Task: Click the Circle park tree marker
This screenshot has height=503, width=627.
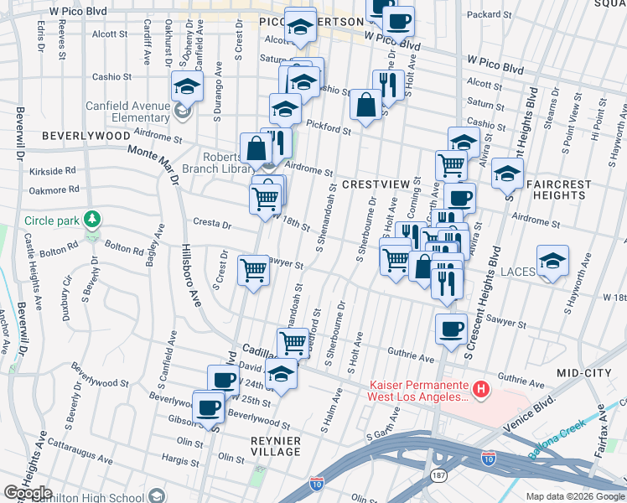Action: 92,220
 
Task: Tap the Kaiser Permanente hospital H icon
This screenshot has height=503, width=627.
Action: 481,389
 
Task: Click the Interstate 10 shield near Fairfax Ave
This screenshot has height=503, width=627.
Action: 488,459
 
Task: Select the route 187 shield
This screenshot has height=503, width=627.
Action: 438,476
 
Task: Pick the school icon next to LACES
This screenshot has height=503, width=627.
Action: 552,261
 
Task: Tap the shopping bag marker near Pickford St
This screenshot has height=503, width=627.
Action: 365,105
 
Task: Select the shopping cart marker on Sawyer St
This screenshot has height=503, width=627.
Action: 253,270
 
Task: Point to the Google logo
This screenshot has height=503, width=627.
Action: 28,494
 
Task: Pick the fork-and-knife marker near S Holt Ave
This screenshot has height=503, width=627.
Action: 386,84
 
